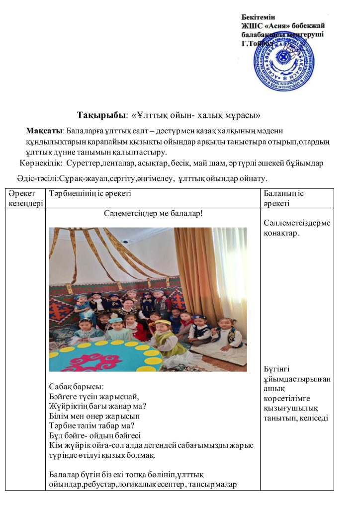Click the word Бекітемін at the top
pos(258,17)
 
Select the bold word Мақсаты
pos(44,131)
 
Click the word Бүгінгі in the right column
pos(278,369)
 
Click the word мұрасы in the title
pos(240,115)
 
